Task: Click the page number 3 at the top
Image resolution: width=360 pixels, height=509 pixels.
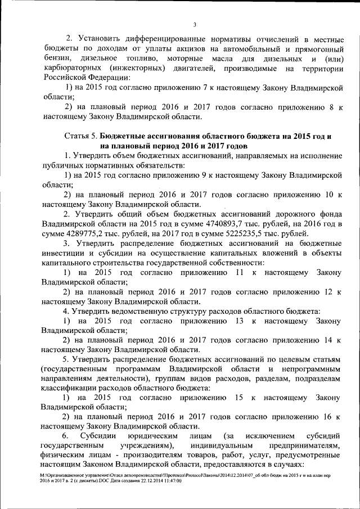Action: click(194, 24)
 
